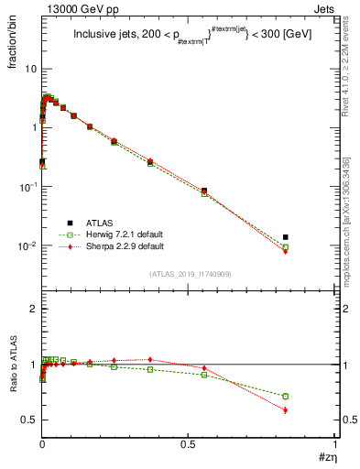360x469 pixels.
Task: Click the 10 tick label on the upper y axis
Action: pyautogui.click(x=29, y=70)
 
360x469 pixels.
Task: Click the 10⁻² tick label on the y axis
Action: pyautogui.click(x=27, y=245)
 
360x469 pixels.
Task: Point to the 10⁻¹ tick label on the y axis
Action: pyautogui.click(x=27, y=187)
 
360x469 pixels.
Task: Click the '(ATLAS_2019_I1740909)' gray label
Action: pyautogui.click(x=190, y=274)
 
